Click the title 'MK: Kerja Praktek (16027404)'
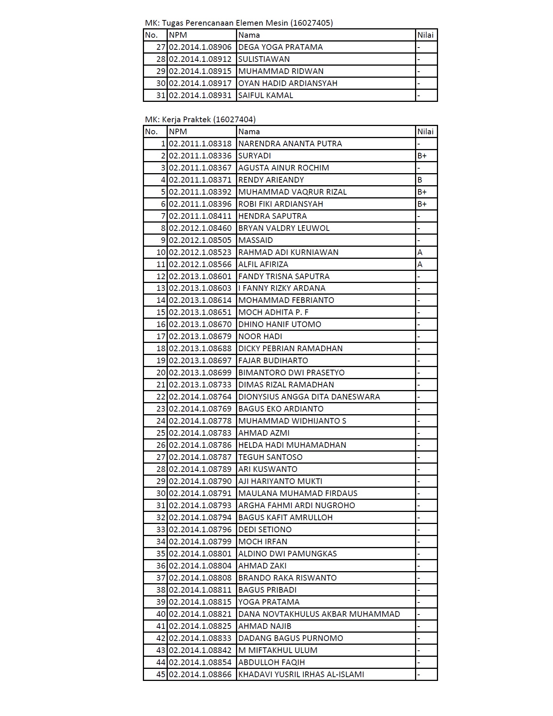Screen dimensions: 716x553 [x=200, y=120]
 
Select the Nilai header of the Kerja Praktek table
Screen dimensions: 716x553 [x=425, y=132]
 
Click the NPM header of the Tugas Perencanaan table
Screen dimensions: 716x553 [x=178, y=35]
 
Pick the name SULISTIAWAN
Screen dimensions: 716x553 [x=264, y=59]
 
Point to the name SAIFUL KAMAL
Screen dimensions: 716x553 [x=265, y=95]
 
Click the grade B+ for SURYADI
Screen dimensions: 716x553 [x=422, y=156]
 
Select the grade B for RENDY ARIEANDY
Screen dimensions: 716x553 [x=420, y=180]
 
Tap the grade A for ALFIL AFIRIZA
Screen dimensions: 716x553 [x=420, y=264]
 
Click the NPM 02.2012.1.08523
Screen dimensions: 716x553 [x=200, y=252]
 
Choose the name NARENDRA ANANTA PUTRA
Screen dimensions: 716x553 [x=290, y=144]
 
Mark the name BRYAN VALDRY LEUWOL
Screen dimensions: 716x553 [x=284, y=228]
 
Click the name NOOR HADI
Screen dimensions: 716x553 [x=260, y=336]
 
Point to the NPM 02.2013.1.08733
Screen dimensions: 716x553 [x=200, y=385]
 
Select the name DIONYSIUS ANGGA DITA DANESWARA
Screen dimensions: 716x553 [x=309, y=397]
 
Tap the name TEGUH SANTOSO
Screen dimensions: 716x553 [x=270, y=457]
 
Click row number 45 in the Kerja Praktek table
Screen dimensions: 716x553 [x=161, y=675]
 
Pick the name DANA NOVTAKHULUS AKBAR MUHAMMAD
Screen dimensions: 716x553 [x=319, y=614]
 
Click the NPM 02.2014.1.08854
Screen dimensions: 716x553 [x=200, y=662]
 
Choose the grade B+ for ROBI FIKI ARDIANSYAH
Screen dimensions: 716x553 [x=422, y=204]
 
